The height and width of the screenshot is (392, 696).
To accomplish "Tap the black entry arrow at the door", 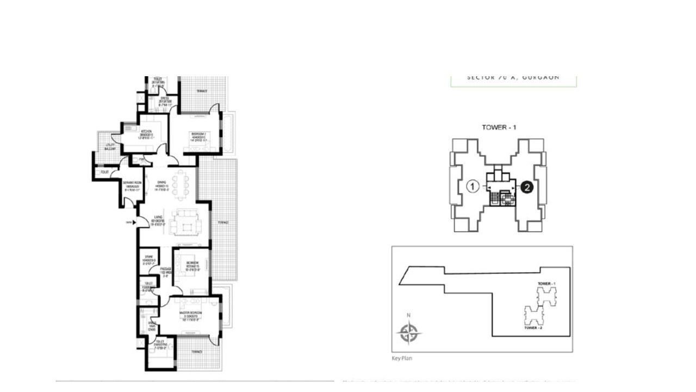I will (x=130, y=222).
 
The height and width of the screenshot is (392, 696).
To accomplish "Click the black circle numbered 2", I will (x=526, y=187).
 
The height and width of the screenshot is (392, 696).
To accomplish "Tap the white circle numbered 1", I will (x=473, y=187).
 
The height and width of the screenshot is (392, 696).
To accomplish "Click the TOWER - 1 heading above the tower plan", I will (x=499, y=127).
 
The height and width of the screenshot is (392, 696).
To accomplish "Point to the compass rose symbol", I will (x=408, y=333).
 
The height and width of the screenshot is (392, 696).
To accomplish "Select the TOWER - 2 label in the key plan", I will (x=533, y=328).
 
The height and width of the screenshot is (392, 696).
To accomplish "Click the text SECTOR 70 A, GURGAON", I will (x=513, y=77).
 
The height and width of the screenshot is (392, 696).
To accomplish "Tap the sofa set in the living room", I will (x=188, y=223).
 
